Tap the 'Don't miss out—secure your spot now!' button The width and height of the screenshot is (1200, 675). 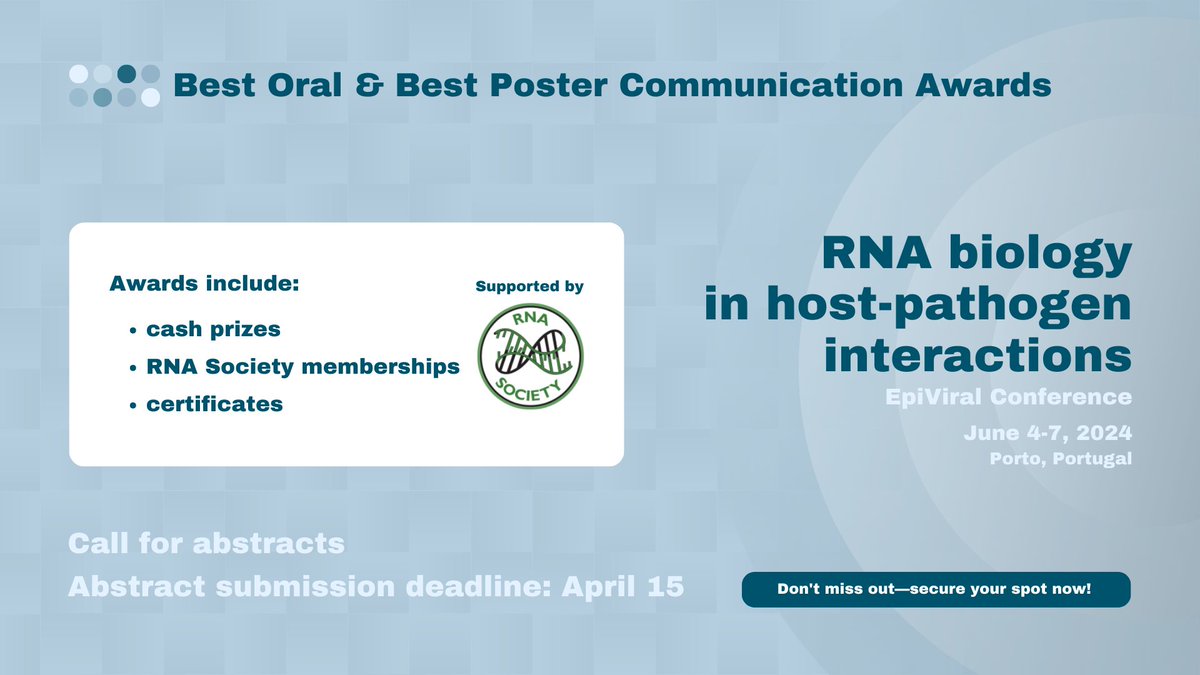pos(935,589)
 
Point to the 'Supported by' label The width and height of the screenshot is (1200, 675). pos(530,286)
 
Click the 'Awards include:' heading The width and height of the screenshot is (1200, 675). pos(204,284)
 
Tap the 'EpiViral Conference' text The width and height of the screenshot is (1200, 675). pos(1008,398)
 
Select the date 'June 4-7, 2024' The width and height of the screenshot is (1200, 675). pos(1047,434)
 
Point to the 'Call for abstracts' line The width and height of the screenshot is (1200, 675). pos(206,544)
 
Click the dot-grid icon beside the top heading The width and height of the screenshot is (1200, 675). pos(114,85)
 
